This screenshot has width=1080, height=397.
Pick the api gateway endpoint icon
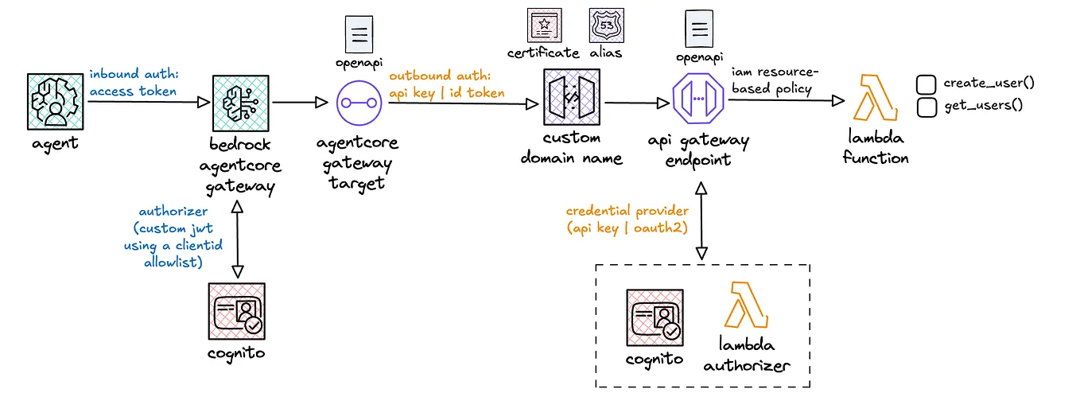697,102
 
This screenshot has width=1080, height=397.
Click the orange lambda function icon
874,100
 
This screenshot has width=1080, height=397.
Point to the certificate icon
542,25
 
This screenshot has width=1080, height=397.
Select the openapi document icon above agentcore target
359,34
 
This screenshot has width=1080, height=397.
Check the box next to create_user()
925,84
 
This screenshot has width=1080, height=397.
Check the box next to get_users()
925,105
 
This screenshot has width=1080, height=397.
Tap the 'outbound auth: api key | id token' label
446,84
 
